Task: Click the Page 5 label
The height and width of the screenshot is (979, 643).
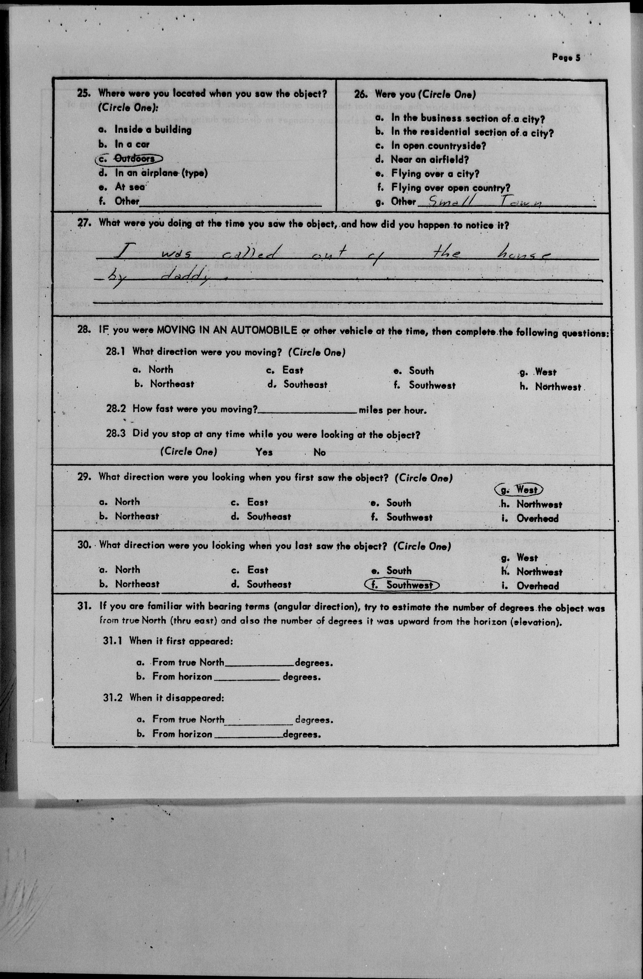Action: coord(566,58)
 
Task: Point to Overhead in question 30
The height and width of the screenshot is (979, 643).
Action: coord(538,586)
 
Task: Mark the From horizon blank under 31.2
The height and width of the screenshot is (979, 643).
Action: coord(248,735)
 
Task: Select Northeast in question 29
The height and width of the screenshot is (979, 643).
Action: coord(137,516)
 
